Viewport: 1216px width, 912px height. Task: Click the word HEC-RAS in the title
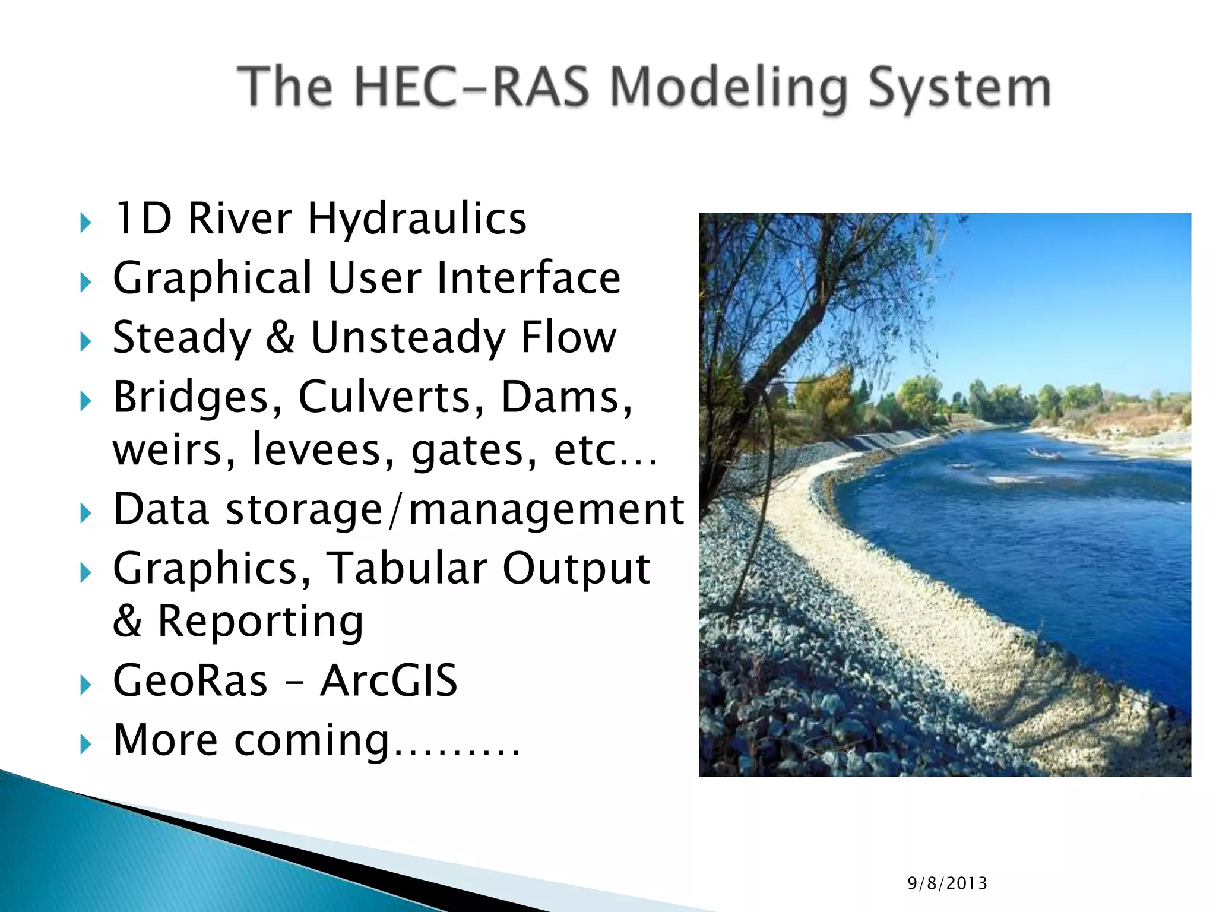[x=472, y=88]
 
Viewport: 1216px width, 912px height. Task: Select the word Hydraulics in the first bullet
[x=417, y=218]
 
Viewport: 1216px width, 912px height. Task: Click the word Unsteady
[x=408, y=337]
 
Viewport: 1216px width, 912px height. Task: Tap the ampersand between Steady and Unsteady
[x=280, y=337]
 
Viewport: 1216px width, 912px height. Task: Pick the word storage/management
[x=455, y=509]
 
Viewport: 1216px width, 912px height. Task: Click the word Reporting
[x=260, y=621]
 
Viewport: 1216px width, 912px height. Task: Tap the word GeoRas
[x=190, y=680]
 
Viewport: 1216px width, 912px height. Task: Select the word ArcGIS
[x=388, y=680]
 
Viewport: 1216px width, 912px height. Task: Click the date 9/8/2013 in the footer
[x=947, y=883]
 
